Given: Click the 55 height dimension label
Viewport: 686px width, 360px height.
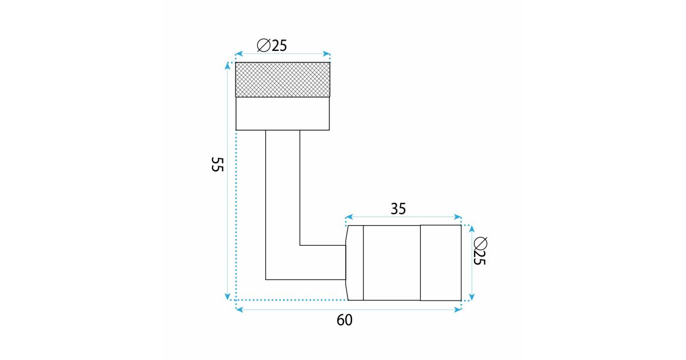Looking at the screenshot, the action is pos(217,165).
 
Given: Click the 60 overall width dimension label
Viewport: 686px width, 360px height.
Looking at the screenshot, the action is pos(345,320).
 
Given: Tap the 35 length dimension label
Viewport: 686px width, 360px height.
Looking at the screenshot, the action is pos(398,209).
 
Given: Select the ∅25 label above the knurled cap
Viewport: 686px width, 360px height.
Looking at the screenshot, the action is pos(272,46).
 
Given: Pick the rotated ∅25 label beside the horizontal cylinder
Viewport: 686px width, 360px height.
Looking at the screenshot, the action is pos(480,251).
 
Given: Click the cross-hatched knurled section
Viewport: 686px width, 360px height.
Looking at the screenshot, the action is pos(282,79).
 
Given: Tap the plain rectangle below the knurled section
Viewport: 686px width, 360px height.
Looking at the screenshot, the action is pos(282,114).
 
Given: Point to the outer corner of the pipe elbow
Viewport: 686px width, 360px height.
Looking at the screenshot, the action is pos(266,279).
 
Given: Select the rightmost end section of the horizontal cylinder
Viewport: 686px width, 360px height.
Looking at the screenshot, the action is pos(441,263).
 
